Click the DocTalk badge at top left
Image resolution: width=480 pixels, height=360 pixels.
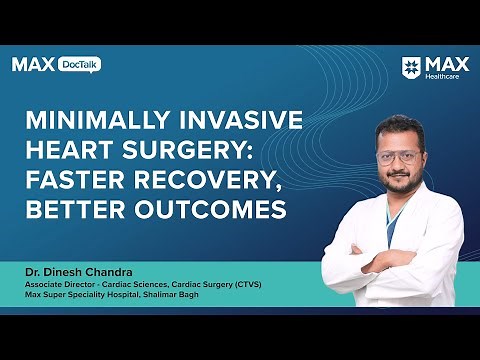tap(80, 64)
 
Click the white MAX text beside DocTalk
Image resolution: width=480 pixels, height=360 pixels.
tap(33, 64)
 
